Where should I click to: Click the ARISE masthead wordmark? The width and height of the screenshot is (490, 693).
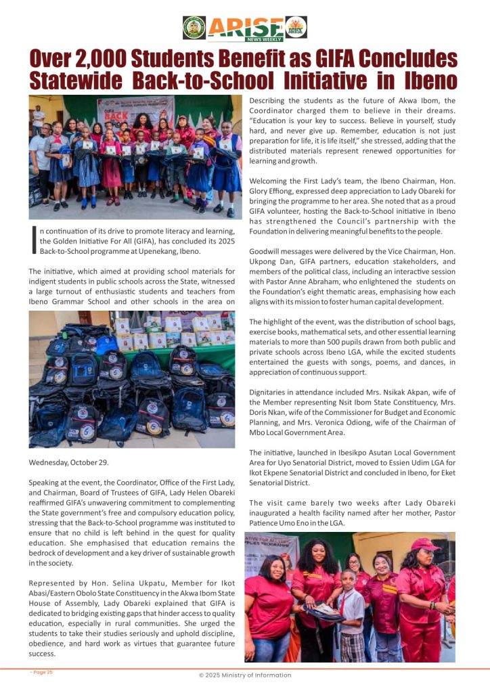pyautogui.click(x=245, y=27)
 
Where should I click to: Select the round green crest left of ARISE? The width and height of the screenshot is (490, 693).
pyautogui.click(x=194, y=27)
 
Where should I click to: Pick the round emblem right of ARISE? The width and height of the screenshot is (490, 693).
pyautogui.click(x=296, y=27)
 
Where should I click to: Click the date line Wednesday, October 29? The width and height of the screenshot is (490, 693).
pyautogui.click(x=70, y=463)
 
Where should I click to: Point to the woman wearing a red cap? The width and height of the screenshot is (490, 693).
pyautogui.click(x=423, y=589)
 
